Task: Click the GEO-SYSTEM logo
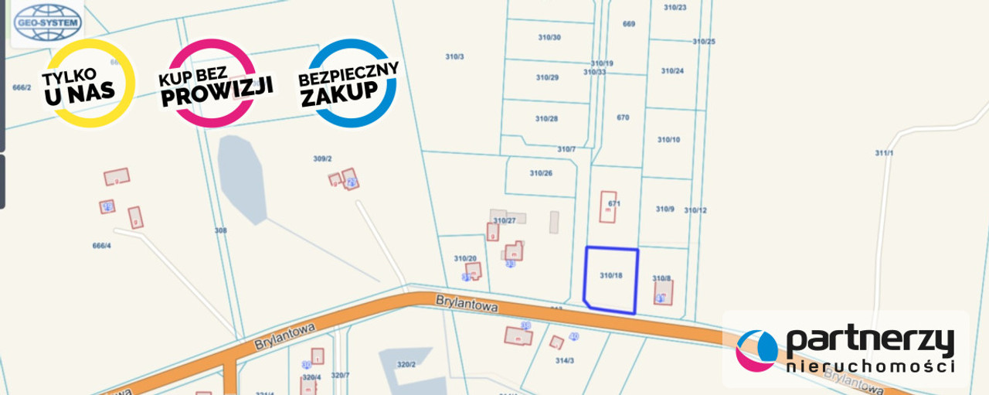pos(47,22)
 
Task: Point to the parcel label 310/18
pos(610,275)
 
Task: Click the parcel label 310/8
pos(661,278)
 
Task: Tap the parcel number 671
pos(614,203)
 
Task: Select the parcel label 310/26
pos(541,173)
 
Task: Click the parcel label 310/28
pos(546,118)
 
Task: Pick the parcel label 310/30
pos(549,37)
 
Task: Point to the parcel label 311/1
pos(884,153)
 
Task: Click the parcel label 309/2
pos(322,158)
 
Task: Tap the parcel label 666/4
pos(102,245)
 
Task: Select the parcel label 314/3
pos(564,360)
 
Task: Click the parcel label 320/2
pos(406,364)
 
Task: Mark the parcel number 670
pos(623,117)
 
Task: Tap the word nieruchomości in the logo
pos(870,366)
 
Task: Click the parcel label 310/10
pos(668,140)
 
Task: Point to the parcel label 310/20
pos(465,258)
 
